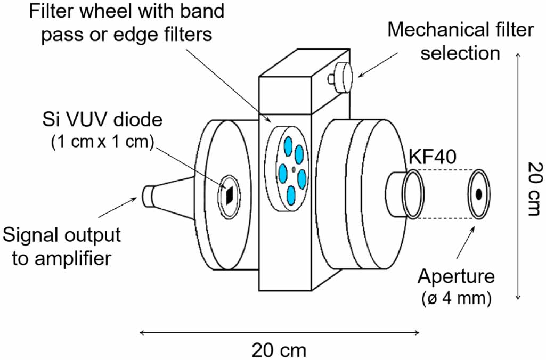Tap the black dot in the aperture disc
(479, 194)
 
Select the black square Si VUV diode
(229, 195)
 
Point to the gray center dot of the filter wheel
(294, 170)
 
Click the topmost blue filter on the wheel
(288, 145)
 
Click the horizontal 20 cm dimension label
(279, 350)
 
